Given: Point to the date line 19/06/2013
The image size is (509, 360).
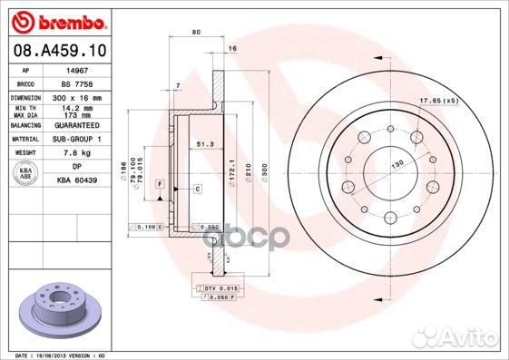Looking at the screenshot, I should [56, 354].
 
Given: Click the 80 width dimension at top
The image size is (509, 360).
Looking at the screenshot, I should [196, 34].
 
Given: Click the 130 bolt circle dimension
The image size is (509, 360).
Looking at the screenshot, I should [396, 163].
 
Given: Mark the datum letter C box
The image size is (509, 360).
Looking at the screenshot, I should [196, 188].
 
